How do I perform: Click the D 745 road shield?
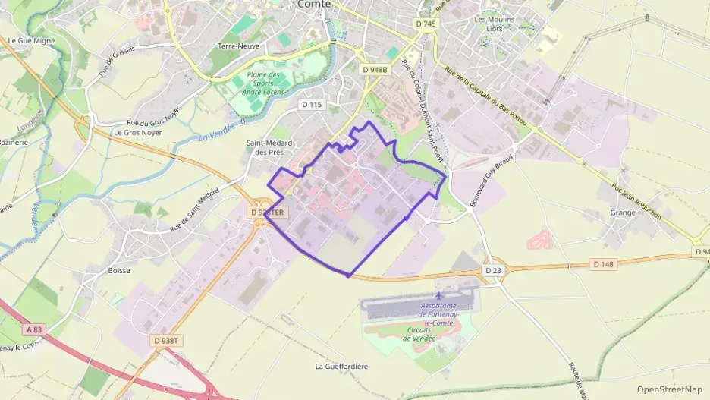[426, 24]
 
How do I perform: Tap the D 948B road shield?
[375, 70]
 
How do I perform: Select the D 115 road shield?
[312, 104]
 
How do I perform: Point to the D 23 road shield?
[493, 270]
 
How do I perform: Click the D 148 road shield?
[602, 263]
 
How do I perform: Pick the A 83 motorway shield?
[33, 329]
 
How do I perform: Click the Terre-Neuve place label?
[239, 46]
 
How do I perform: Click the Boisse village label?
[119, 270]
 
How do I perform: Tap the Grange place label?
[622, 213]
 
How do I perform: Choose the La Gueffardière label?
[341, 366]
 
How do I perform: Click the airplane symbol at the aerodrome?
[439, 294]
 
